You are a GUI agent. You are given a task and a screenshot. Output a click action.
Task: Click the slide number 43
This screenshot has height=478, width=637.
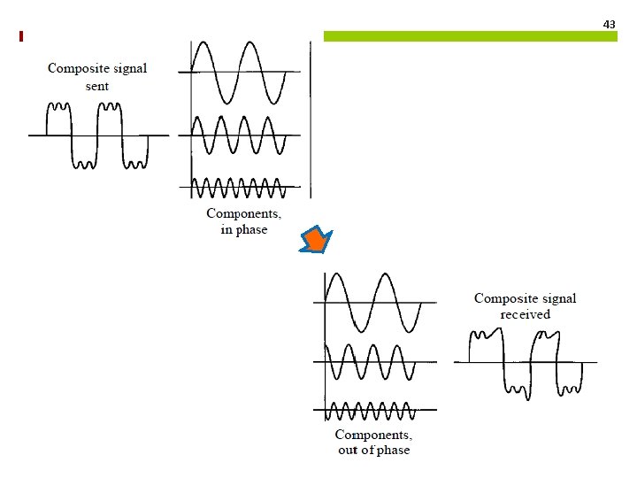click(x=609, y=24)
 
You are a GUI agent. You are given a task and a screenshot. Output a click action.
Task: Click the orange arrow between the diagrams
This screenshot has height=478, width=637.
click(x=316, y=241)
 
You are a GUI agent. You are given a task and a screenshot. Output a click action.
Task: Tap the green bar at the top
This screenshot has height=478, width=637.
click(x=469, y=36)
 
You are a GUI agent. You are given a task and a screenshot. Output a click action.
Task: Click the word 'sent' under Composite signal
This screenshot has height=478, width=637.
click(x=97, y=86)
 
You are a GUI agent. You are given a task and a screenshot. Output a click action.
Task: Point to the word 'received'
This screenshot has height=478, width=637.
click(x=525, y=314)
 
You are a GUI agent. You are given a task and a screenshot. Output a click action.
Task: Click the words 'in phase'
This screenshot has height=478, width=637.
click(x=243, y=229)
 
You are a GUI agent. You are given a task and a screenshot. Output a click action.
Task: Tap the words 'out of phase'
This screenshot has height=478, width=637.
click(x=373, y=451)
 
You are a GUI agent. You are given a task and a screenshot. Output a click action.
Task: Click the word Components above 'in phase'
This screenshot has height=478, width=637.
click(x=243, y=213)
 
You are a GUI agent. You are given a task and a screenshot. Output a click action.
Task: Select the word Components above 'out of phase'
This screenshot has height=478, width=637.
click(x=373, y=435)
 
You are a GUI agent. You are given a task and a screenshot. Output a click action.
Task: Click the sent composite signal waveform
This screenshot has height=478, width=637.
click(x=97, y=135)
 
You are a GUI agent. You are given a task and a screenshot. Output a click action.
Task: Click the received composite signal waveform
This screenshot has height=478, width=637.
click(x=526, y=361)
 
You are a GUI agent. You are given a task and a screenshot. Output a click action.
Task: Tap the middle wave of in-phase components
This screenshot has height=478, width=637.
click(x=239, y=135)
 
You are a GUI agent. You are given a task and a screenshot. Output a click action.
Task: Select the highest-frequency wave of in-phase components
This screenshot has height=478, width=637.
click(x=239, y=187)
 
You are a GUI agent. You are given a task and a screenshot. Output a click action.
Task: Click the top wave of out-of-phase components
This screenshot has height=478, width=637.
click(x=372, y=302)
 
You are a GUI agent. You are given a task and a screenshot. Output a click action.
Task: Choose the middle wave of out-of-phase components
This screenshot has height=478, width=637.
click(x=372, y=361)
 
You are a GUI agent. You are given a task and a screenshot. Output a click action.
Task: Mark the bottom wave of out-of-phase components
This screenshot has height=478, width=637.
click(x=372, y=411)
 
